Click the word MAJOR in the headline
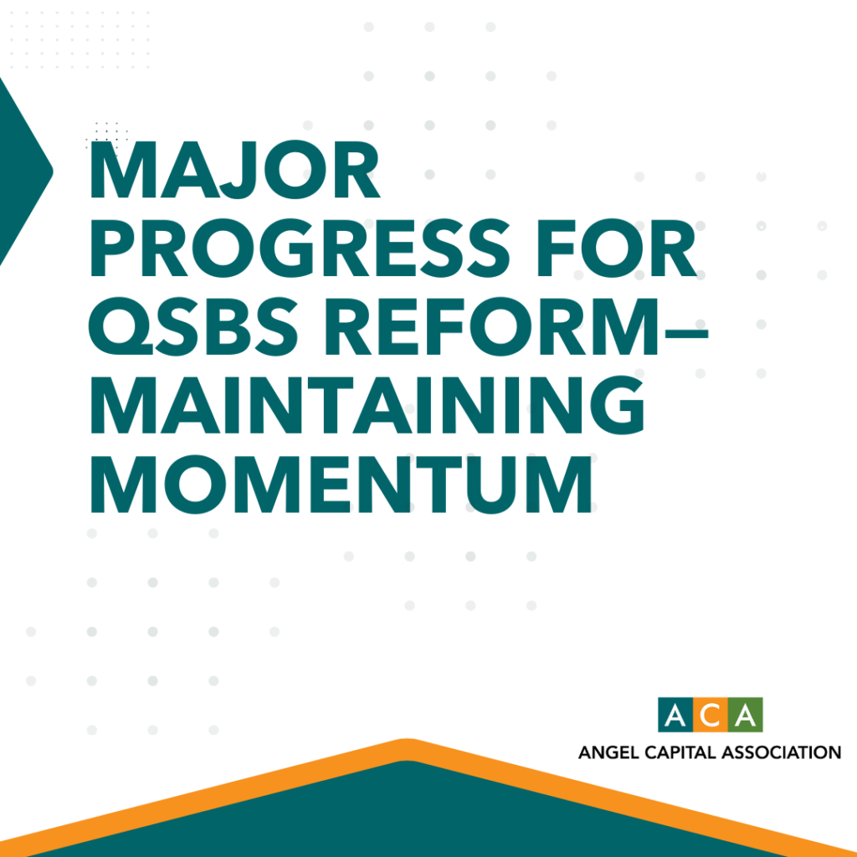[234, 170]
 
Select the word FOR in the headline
[618, 248]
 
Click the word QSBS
[193, 327]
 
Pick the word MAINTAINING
[367, 405]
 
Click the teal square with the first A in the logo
[675, 715]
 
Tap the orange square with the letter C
[711, 715]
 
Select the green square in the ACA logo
[746, 715]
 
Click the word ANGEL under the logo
[608, 752]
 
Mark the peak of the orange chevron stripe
[408, 740]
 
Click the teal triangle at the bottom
[408, 814]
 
